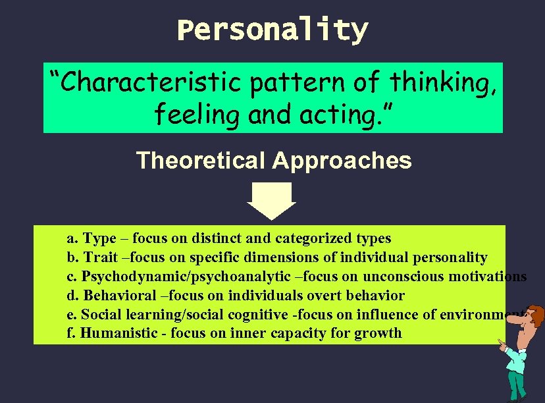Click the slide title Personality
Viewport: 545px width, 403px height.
pos(272,30)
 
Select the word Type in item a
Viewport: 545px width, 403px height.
pos(99,238)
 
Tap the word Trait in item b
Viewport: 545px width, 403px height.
pos(99,257)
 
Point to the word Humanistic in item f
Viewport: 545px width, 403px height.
pos(118,333)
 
